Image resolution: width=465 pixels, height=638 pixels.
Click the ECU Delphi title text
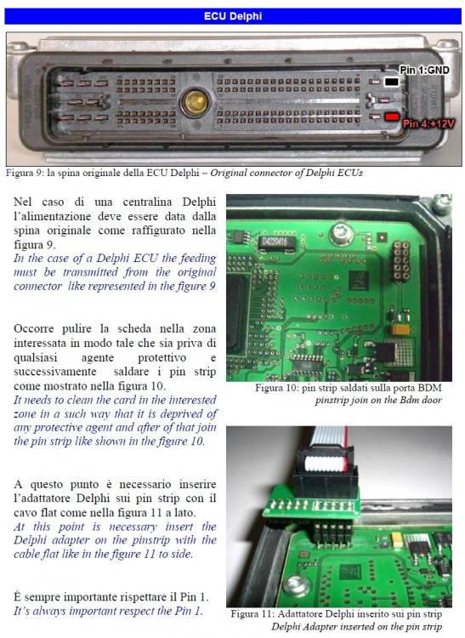point(233,16)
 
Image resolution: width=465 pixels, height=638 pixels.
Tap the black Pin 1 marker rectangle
point(391,82)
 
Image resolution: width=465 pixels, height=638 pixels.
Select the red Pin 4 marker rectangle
point(392,117)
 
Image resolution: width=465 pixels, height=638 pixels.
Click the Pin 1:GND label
point(424,71)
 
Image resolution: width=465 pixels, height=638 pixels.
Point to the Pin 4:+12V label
point(428,123)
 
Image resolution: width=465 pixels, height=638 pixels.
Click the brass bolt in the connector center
point(195,102)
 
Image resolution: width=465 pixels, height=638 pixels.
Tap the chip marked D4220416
point(276,242)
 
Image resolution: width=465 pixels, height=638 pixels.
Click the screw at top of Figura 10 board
point(341,233)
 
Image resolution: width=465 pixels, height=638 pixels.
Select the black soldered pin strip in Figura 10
point(400,261)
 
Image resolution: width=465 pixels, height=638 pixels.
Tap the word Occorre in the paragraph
point(34,328)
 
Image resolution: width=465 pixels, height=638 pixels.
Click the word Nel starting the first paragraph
point(23,202)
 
